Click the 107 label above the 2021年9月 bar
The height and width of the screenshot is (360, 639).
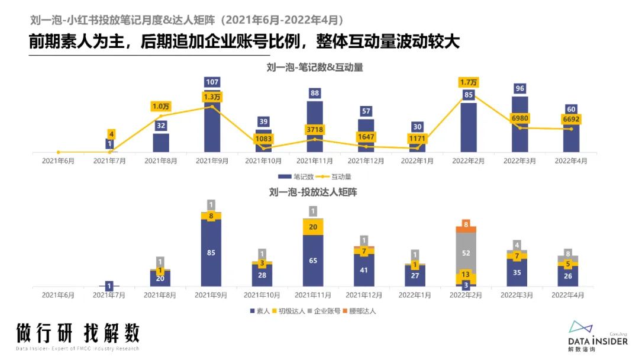212,82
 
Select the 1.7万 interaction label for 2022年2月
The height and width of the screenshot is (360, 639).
469,82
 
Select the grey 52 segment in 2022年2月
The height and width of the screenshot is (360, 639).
466,252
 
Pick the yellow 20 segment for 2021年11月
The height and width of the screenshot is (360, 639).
313,227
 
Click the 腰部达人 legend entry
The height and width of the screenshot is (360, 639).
360,311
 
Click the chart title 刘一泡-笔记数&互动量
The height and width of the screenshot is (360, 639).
315,67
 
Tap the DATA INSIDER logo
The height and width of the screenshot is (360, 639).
598,336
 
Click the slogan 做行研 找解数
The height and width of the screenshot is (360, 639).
78,333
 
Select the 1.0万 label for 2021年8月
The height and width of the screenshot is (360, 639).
161,107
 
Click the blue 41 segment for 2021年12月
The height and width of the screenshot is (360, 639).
364,270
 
